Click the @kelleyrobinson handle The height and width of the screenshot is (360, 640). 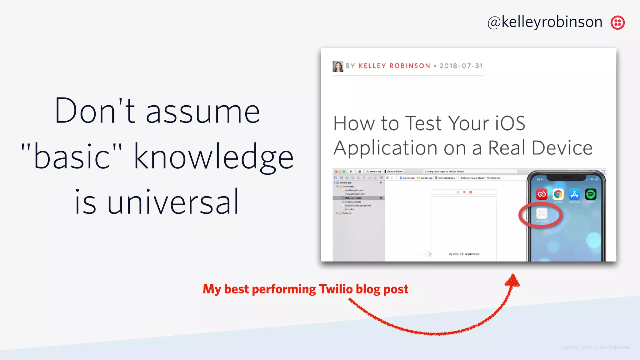[545, 22]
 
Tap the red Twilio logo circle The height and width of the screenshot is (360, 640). [617, 22]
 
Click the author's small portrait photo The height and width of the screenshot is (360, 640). [338, 66]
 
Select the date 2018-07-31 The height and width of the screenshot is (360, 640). [461, 66]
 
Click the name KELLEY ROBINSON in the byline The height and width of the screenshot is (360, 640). [394, 66]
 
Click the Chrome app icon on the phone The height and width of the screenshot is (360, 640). [558, 194]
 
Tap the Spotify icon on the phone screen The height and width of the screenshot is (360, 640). [590, 194]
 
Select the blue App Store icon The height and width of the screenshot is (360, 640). [574, 194]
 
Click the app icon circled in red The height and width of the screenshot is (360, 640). [542, 214]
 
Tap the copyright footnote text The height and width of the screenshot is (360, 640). [595, 347]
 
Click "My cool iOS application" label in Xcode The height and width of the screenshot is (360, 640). [464, 254]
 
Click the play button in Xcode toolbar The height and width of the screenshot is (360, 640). [351, 172]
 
